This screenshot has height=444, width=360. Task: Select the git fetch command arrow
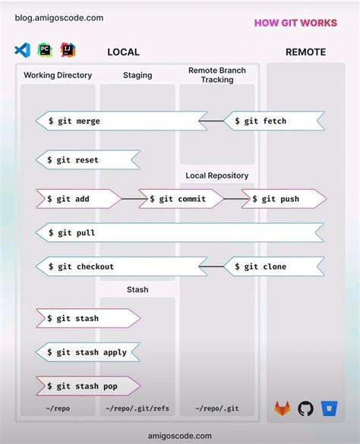click(274, 121)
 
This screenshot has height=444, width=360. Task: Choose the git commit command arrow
click(181, 199)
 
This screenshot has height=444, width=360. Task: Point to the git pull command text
click(75, 233)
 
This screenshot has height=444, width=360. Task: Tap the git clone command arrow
click(274, 266)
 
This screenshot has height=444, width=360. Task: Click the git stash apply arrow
click(88, 352)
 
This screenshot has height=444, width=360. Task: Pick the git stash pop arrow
click(87, 386)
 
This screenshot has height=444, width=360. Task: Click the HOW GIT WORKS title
click(295, 23)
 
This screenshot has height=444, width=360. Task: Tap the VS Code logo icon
click(22, 51)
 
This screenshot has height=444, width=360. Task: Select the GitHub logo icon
click(306, 408)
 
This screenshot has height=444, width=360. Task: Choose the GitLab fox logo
click(282, 408)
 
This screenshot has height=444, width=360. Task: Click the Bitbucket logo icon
click(329, 408)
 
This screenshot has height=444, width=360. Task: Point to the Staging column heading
click(137, 75)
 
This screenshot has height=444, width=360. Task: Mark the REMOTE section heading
click(305, 52)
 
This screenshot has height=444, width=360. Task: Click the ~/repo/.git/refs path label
click(137, 409)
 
